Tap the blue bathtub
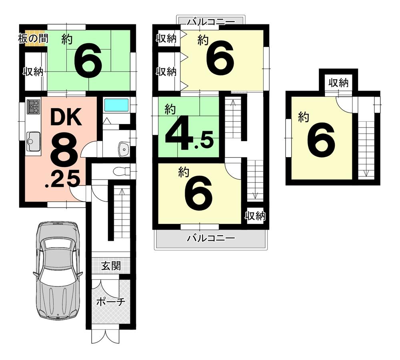pyautogui.click(x=116, y=105)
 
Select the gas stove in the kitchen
pyautogui.click(x=33, y=107)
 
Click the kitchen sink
pyautogui.click(x=33, y=141)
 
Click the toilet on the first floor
pyautogui.click(x=121, y=171)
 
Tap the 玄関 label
pyautogui.click(x=111, y=266)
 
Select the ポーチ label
pyautogui.click(x=111, y=302)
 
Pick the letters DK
pyautogui.click(x=66, y=118)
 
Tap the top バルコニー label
pyautogui.click(x=211, y=21)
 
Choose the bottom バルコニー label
pyautogui.click(x=211, y=239)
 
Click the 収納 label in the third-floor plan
pyautogui.click(x=338, y=83)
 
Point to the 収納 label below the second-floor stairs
pyautogui.click(x=255, y=216)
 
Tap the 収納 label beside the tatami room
pyautogui.click(x=33, y=72)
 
